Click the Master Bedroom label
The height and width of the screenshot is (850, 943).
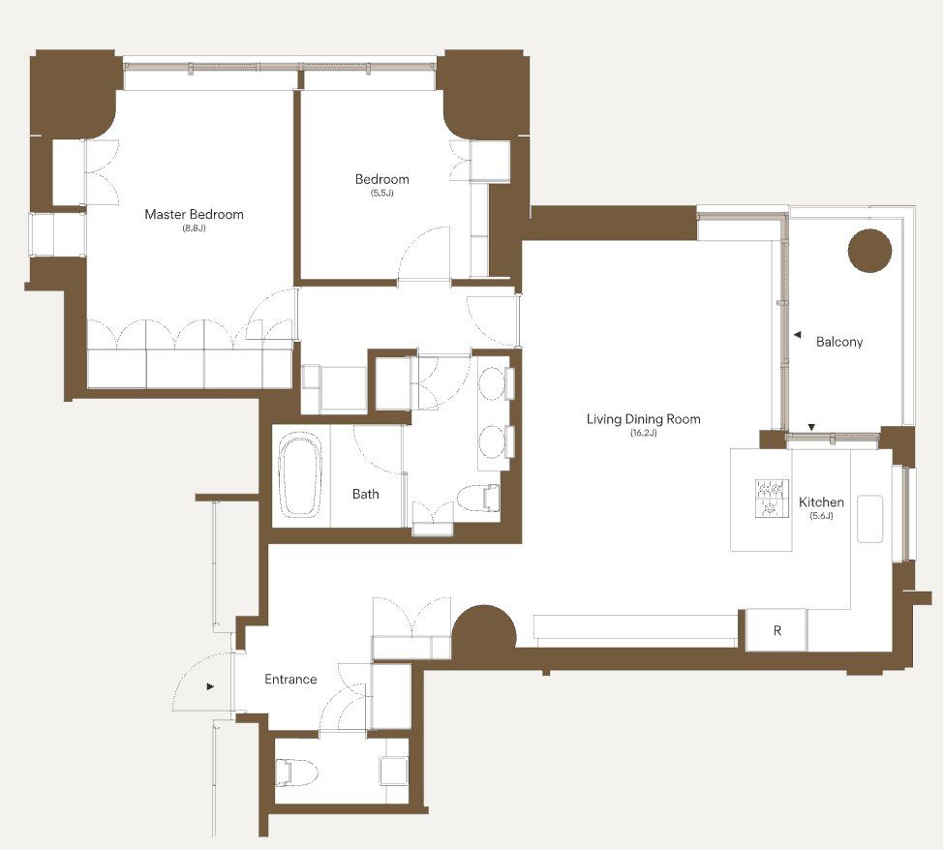[194, 214]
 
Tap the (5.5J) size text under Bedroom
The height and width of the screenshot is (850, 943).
[381, 193]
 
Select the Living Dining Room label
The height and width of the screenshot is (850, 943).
[644, 418]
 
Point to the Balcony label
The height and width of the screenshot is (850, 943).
[839, 342]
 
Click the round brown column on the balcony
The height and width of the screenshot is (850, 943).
[869, 251]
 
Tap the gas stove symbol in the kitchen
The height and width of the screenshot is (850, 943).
[773, 498]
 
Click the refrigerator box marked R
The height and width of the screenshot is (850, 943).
[776, 630]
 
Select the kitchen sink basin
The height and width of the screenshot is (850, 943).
[869, 519]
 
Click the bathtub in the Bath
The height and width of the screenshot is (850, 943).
[302, 476]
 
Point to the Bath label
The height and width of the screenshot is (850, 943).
[366, 494]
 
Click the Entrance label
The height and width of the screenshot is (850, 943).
[290, 680]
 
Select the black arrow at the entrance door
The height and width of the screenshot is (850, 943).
[210, 685]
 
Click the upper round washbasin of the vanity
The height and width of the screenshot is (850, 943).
[493, 382]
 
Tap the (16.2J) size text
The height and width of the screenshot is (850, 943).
[644, 433]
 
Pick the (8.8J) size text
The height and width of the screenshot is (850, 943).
[194, 228]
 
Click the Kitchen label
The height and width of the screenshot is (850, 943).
[821, 501]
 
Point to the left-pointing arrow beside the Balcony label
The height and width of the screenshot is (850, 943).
[797, 334]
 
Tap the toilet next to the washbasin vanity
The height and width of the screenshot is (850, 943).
[478, 498]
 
